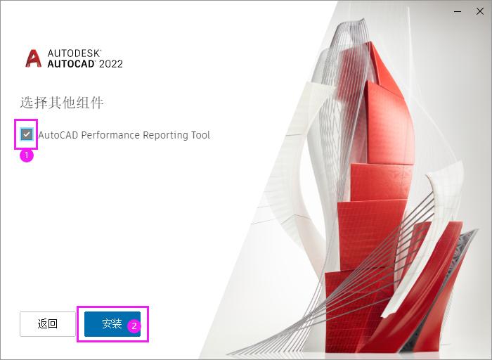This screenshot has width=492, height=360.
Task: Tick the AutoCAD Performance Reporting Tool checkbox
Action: click(27, 134)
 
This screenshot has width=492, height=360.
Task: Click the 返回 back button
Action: click(47, 324)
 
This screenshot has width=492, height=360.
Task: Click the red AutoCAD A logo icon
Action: click(33, 58)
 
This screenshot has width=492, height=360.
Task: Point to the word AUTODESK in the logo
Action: click(75, 53)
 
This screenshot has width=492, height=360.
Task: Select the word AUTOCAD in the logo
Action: click(71, 64)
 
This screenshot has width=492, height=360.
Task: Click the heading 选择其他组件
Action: click(62, 103)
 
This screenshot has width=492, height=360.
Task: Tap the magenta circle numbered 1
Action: click(26, 155)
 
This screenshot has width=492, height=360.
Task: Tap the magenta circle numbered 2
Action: click(134, 326)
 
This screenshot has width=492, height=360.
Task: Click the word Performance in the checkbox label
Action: click(111, 135)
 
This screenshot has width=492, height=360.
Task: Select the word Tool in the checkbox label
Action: click(200, 135)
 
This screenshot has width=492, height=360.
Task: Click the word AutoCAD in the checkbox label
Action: click(58, 135)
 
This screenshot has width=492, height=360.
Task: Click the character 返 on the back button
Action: click(42, 324)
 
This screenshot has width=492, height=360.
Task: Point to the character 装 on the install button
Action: click(117, 324)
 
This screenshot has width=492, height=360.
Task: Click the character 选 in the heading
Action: click(26, 103)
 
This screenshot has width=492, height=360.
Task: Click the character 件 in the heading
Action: click(97, 103)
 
